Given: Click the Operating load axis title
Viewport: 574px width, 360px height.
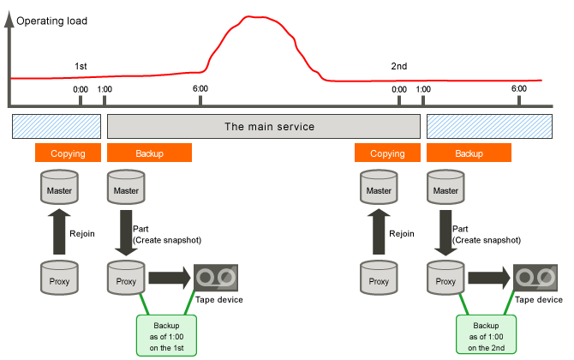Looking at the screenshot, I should click(51, 19).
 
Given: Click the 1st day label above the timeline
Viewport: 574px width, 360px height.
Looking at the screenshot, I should click(81, 66).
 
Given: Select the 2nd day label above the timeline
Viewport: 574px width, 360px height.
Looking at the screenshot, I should click(398, 66).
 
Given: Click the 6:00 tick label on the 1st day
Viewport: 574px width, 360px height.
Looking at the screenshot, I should click(200, 88).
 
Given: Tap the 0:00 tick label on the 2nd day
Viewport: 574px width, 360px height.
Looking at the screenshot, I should click(398, 88).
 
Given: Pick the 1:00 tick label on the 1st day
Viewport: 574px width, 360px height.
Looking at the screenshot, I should click(105, 88).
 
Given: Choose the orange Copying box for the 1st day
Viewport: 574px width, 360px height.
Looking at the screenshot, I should click(68, 153).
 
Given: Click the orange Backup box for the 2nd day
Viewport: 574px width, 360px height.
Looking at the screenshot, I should click(469, 153).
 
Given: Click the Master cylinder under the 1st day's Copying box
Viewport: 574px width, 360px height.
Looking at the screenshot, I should click(57, 186).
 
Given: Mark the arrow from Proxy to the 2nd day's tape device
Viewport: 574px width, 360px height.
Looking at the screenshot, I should click(489, 278).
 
